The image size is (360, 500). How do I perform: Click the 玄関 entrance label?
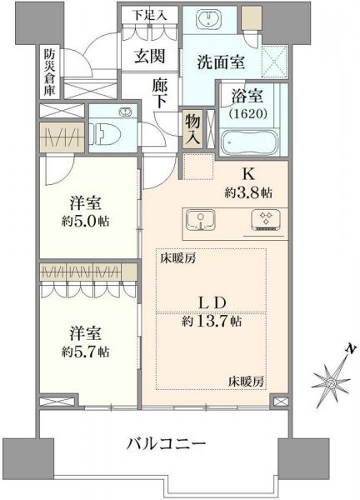click(x=153, y=57)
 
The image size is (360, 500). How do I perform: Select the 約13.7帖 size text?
click(x=212, y=321)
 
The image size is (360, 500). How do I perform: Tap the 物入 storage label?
click(x=192, y=129)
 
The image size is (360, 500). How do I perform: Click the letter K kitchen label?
click(x=247, y=176)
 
